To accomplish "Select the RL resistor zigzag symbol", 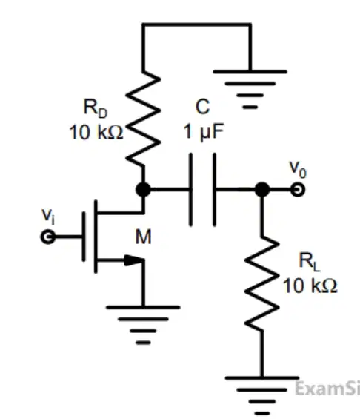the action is (262, 284).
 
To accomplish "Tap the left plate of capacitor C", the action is (190, 190).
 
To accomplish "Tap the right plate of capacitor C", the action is (215, 190).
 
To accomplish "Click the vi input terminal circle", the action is (48, 237).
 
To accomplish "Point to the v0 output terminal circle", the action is (298, 189).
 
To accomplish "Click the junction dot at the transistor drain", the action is (143, 189).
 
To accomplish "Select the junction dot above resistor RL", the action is (262, 189).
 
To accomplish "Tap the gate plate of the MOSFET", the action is (84, 237).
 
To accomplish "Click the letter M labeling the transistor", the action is (143, 237).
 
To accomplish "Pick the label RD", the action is (96, 108).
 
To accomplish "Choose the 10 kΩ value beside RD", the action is (96, 133).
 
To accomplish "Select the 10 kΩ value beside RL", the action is (310, 286).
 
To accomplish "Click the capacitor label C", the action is (202, 107).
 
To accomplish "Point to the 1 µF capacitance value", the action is (204, 131).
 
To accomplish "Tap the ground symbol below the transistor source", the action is (143, 325).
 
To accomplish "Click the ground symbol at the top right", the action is (250, 89).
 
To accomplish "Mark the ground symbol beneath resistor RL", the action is (262, 395).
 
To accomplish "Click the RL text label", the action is (310, 262).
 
